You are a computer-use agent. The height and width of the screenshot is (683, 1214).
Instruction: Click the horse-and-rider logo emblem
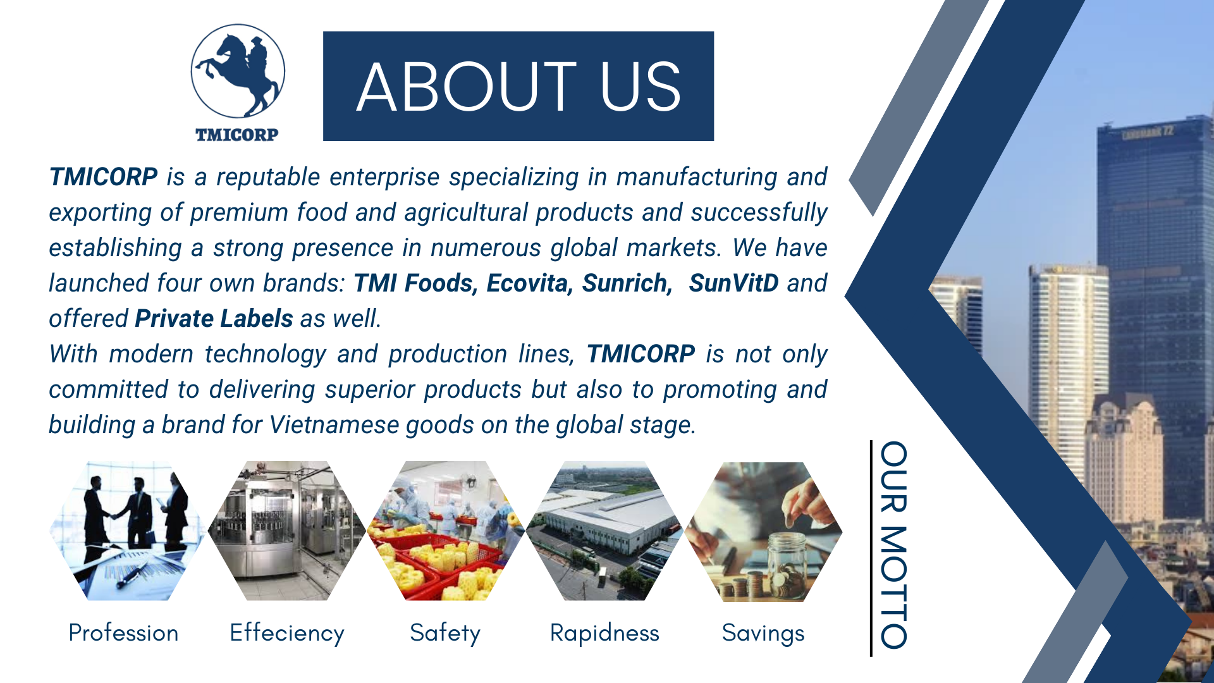click(238, 71)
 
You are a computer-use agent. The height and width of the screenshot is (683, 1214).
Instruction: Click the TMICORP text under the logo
click(236, 135)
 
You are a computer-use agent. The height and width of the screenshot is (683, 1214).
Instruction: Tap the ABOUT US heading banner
click(518, 86)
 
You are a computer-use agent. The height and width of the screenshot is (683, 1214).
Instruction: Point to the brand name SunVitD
click(733, 283)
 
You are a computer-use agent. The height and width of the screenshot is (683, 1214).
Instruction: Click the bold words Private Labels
click(214, 319)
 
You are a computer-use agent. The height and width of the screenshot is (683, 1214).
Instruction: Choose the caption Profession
click(123, 633)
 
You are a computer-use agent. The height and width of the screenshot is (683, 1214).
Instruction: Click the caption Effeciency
click(287, 634)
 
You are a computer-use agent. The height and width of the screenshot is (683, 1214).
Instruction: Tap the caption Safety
click(445, 634)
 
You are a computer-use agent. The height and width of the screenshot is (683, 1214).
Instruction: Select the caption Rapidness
click(604, 634)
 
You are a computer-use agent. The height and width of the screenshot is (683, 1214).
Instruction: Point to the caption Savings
click(763, 634)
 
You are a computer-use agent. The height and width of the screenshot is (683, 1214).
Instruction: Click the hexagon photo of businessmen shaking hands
click(127, 531)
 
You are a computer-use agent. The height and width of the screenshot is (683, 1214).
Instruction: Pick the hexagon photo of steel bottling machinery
click(286, 531)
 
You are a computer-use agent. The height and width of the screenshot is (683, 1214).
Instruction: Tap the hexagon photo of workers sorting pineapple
click(446, 531)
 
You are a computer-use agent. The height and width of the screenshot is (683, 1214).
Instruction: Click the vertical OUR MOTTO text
click(894, 545)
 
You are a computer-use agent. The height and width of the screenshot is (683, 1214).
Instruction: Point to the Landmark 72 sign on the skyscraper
click(1148, 133)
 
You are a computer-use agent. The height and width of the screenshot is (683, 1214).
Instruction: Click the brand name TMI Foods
click(414, 283)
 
